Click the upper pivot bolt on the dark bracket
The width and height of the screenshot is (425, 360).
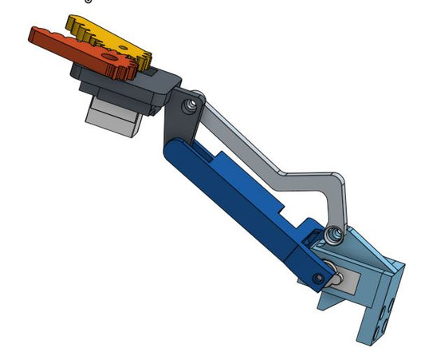click(x=189, y=105)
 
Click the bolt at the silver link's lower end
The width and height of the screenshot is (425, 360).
click(x=333, y=234)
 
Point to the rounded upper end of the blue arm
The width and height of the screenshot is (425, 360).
click(x=173, y=152)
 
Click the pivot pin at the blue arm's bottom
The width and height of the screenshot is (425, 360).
click(x=319, y=279)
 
